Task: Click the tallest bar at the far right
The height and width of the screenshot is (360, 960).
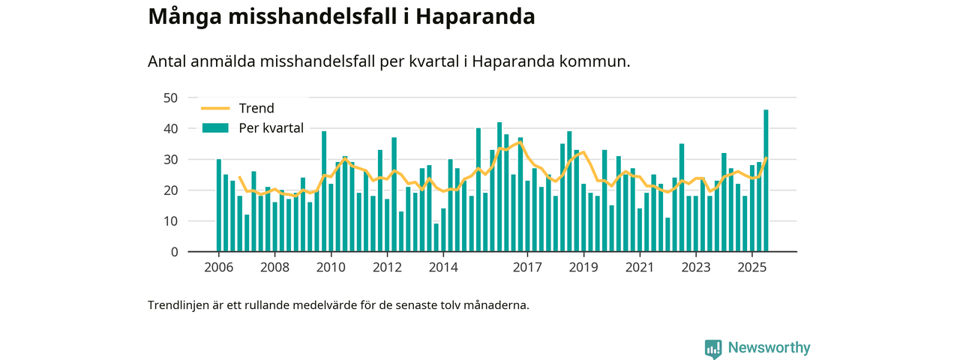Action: [x=766, y=181]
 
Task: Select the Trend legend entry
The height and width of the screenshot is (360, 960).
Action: [x=256, y=109]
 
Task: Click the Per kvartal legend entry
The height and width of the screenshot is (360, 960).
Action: [x=271, y=128]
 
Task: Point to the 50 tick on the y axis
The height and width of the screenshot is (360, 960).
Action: [x=170, y=98]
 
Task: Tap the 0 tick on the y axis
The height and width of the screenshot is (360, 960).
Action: [x=174, y=252]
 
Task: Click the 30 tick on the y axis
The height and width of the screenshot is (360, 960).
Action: [x=170, y=160]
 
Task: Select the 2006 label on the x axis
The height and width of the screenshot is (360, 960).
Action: [x=218, y=268]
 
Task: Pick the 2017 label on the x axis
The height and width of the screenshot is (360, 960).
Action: [x=528, y=268]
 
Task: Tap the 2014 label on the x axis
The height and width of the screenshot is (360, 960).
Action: [x=443, y=268]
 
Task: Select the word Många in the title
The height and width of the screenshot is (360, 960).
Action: [x=180, y=16]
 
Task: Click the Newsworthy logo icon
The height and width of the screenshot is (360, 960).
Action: [x=713, y=348]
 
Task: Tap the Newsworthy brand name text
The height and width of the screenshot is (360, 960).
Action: [x=769, y=348]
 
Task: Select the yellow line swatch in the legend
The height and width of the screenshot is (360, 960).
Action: [x=214, y=109]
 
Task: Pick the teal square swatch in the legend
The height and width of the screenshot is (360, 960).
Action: [x=214, y=128]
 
